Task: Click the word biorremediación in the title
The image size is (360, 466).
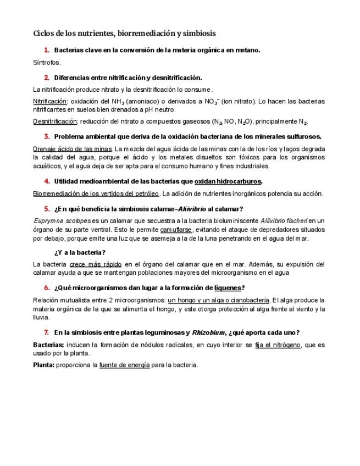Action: (x=142, y=34)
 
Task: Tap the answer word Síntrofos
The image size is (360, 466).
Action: (x=47, y=63)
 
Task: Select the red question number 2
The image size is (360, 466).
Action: (x=47, y=77)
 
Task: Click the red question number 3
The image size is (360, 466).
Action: (x=47, y=136)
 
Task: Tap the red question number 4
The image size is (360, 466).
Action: (x=47, y=181)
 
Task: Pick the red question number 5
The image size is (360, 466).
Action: (x=47, y=209)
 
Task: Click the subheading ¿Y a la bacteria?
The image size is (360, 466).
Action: (x=80, y=252)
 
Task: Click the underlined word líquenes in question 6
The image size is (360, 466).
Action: (x=228, y=288)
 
